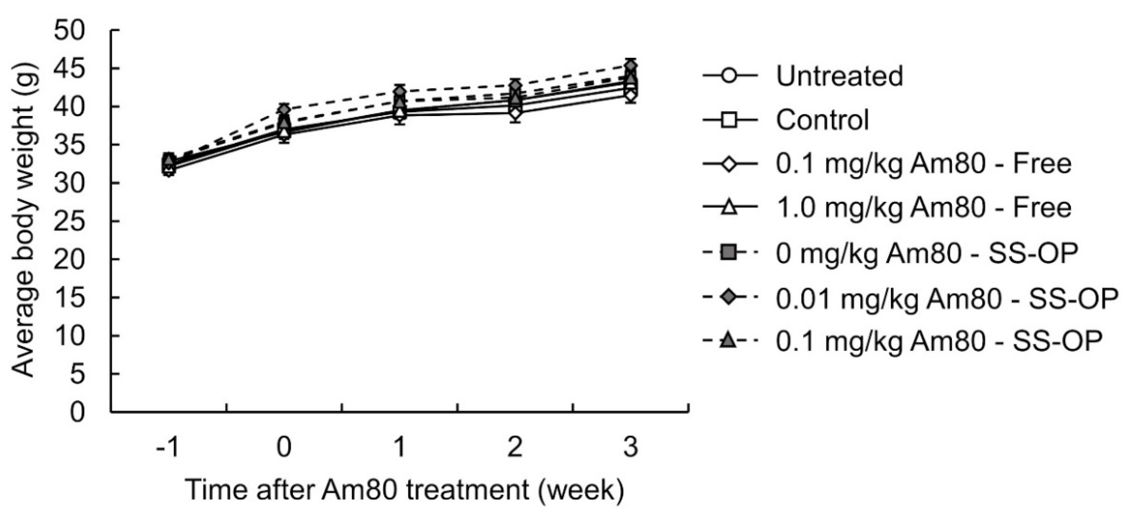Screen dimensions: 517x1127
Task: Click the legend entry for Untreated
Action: [x=839, y=76]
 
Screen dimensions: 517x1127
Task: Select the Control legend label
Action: [x=823, y=120]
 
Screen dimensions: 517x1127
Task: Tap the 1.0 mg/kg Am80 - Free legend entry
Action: [x=923, y=207]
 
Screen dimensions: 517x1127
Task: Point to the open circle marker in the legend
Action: [x=730, y=76]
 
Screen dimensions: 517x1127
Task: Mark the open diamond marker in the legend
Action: [x=730, y=164]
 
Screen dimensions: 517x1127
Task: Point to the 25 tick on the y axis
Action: [x=70, y=221]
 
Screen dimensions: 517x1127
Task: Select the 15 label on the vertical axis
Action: [x=70, y=298]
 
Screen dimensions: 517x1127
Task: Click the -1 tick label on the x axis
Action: [x=167, y=447]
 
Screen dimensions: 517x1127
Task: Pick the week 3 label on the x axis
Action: [x=630, y=447]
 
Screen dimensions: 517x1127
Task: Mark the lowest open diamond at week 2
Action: [x=515, y=113]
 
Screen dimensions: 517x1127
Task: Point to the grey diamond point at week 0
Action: [x=285, y=109]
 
